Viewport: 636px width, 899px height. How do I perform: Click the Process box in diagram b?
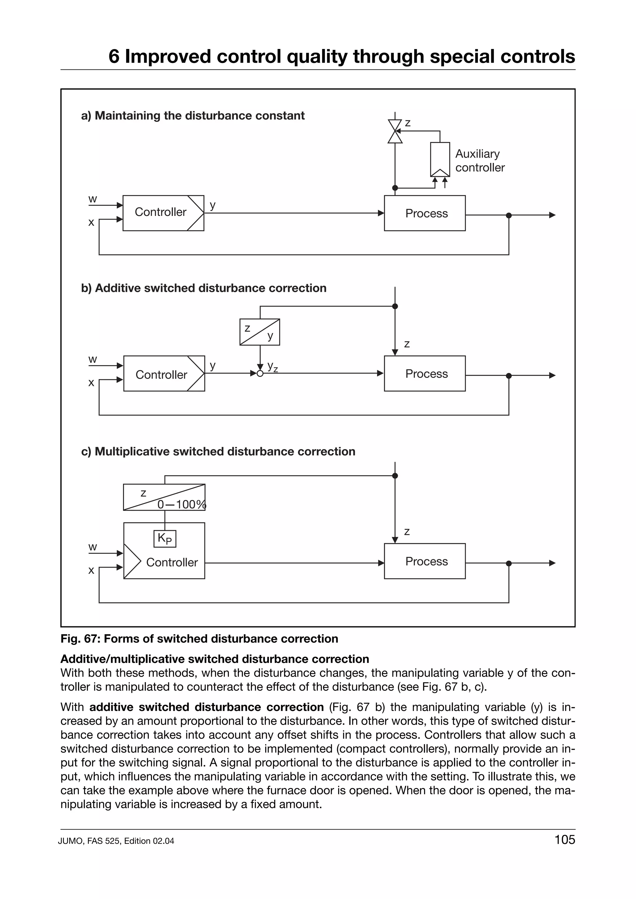[x=425, y=373]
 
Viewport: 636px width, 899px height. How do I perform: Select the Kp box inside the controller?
[x=165, y=539]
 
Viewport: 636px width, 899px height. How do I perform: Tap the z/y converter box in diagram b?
[x=259, y=332]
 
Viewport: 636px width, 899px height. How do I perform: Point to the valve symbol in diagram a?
[x=395, y=131]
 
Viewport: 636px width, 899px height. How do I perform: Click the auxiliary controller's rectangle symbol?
[x=440, y=159]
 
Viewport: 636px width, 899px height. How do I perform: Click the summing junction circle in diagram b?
[x=260, y=373]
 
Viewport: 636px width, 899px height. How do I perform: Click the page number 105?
[x=564, y=839]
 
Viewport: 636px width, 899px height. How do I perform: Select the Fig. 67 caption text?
[x=199, y=639]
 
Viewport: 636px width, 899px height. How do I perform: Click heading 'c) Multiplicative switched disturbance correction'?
[x=218, y=451]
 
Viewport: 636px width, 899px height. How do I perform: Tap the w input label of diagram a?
[x=93, y=199]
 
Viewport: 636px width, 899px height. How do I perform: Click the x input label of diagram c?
[x=91, y=570]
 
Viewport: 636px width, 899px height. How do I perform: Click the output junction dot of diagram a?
[x=509, y=215]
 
